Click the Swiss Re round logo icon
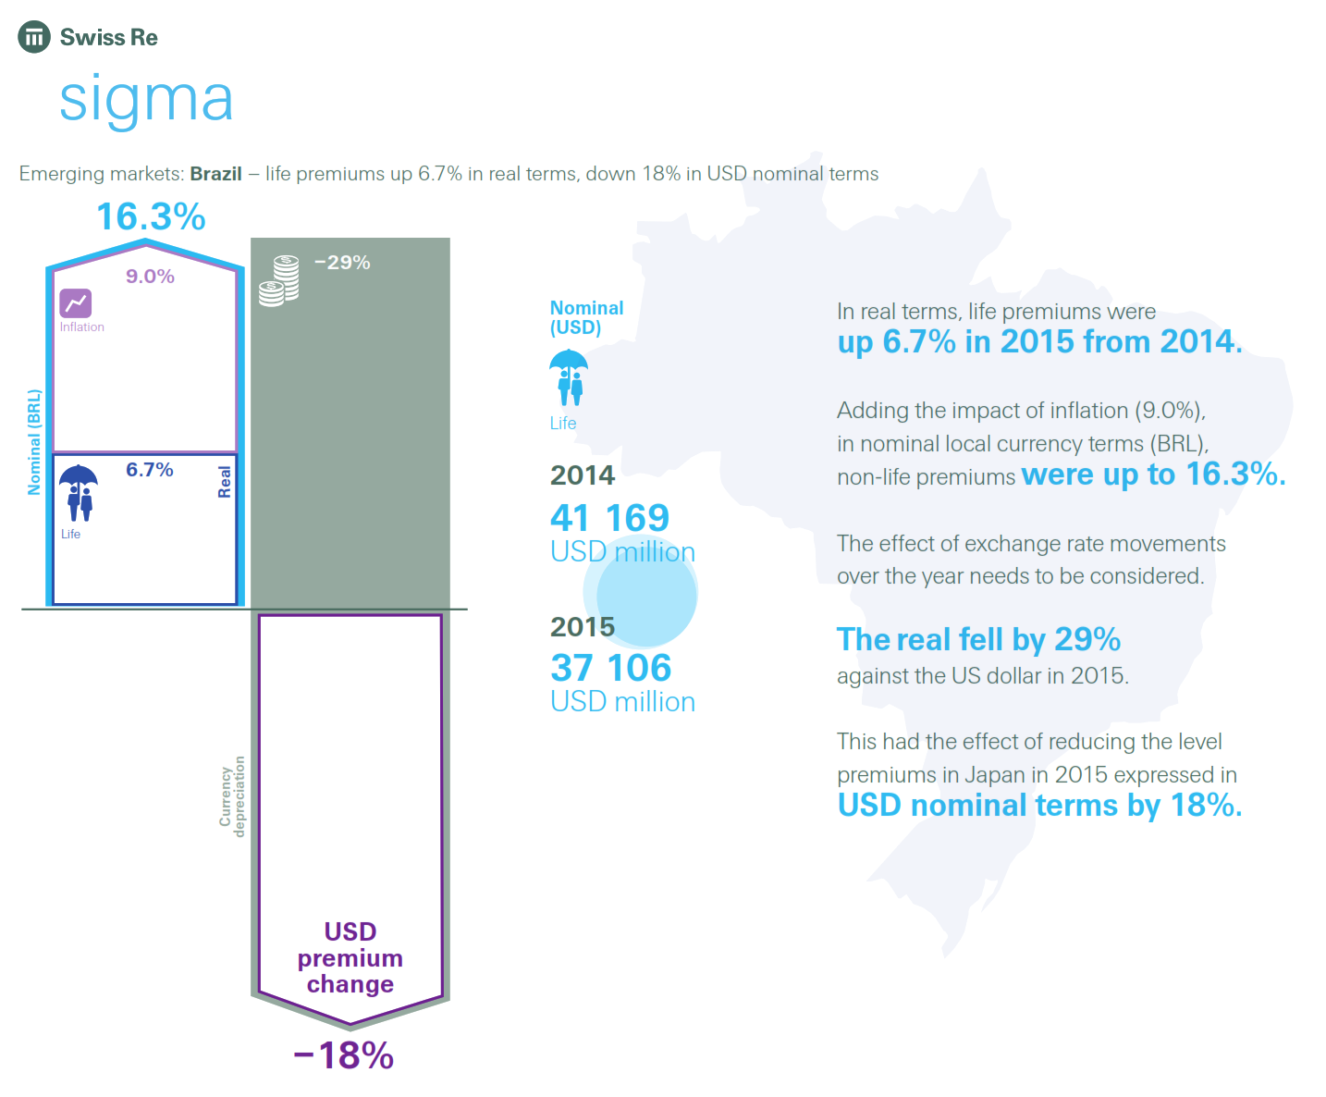point(34,37)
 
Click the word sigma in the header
point(146,98)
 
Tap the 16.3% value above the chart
point(151,217)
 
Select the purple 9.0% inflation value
point(150,277)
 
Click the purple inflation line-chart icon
point(76,302)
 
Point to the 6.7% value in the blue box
point(150,470)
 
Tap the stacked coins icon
point(279,280)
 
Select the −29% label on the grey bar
point(342,263)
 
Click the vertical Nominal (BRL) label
point(34,442)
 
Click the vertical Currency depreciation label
point(232,796)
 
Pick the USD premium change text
point(350,957)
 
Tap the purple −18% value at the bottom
point(344,1055)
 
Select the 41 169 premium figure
point(609,518)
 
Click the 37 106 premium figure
point(610,668)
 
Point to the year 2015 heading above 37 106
point(583,627)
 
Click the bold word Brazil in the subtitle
point(215,174)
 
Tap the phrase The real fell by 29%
point(978,639)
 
